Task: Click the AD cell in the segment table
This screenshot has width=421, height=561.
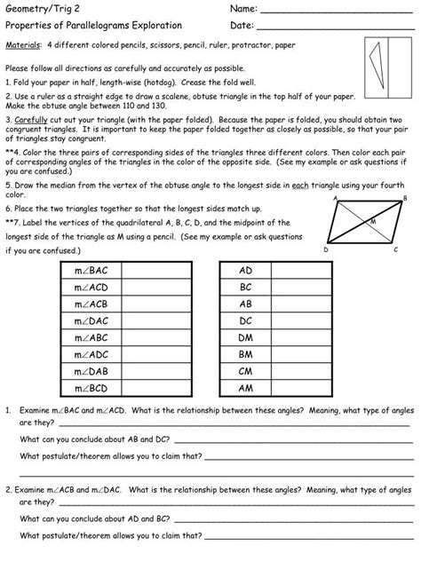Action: (x=246, y=270)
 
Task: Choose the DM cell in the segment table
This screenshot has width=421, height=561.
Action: (x=246, y=337)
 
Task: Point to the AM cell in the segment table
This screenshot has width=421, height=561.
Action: (x=246, y=389)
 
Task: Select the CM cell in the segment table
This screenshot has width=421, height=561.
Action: (x=246, y=371)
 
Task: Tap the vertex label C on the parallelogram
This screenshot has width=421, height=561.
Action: (x=395, y=249)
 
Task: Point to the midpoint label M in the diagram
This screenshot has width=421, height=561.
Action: (x=372, y=220)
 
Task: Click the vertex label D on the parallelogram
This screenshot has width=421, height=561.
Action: (x=326, y=250)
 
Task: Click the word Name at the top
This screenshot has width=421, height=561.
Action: (x=244, y=9)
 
